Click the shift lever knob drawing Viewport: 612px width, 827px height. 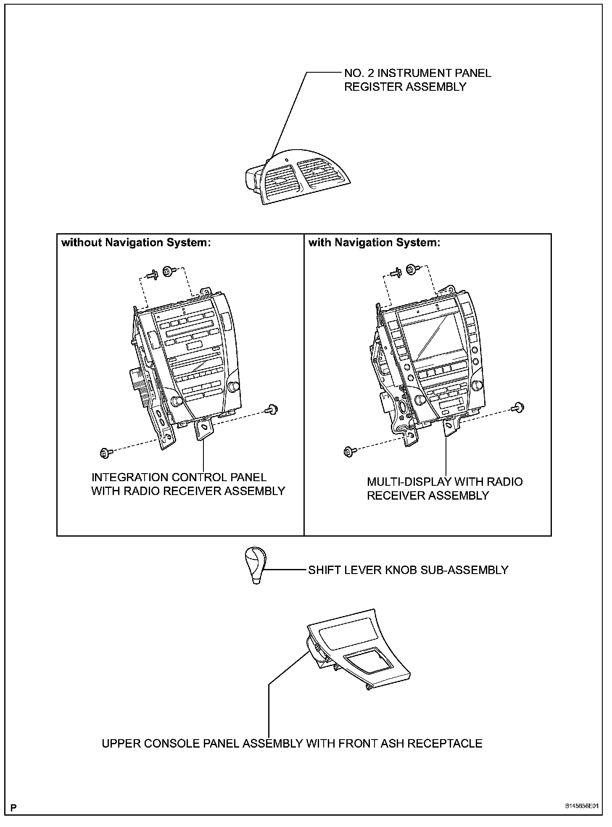click(255, 565)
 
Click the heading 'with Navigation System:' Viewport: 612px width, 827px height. click(374, 243)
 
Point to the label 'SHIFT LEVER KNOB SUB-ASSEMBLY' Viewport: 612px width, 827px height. click(408, 570)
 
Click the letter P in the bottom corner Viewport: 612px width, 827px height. click(13, 808)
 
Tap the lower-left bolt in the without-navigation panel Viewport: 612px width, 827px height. click(105, 453)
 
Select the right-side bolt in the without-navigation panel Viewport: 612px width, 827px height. click(273, 409)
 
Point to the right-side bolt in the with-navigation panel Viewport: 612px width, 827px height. click(518, 406)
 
